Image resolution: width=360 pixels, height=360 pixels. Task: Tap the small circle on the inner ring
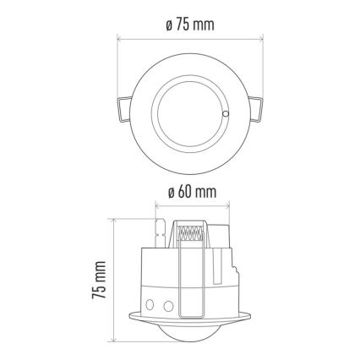[225, 112]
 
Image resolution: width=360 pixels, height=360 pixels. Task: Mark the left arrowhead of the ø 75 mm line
[119, 38]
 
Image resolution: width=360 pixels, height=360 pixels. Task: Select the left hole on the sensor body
[150, 302]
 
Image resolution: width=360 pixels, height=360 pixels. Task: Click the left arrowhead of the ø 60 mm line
[156, 205]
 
